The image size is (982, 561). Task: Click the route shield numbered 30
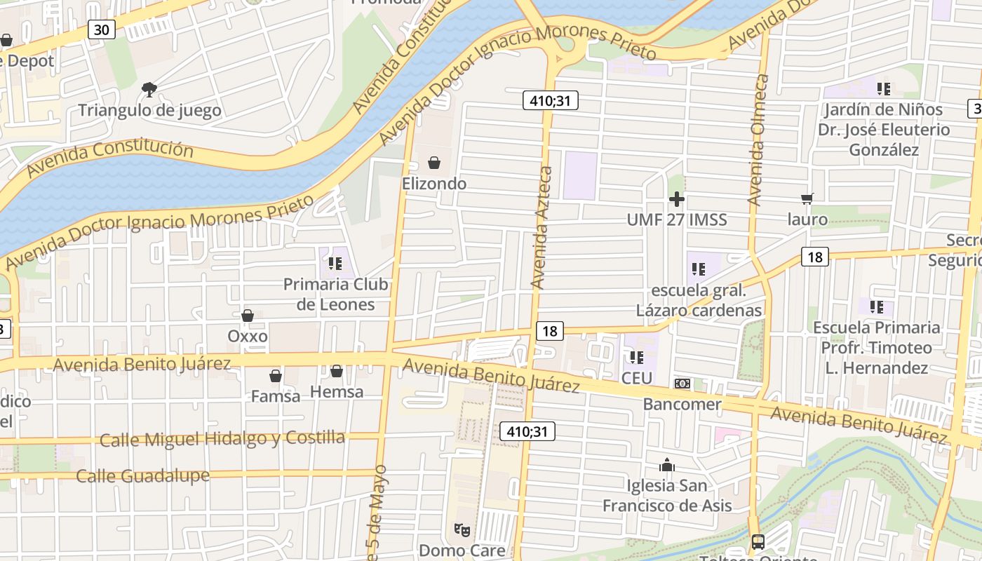click(x=102, y=29)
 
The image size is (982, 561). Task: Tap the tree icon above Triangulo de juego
click(x=149, y=90)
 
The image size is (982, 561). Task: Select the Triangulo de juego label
click(x=149, y=110)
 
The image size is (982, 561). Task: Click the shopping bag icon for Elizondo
click(x=434, y=163)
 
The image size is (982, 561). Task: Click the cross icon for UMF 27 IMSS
click(x=676, y=199)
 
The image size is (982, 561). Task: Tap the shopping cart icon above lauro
click(x=807, y=199)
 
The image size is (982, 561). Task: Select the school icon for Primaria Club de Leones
click(x=335, y=264)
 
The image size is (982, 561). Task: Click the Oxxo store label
click(x=248, y=336)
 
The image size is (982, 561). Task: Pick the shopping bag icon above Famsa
click(x=276, y=376)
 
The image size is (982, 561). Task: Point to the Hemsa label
click(x=337, y=392)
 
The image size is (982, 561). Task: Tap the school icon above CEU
click(x=637, y=358)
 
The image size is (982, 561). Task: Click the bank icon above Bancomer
click(x=682, y=384)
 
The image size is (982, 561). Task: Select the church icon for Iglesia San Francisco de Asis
click(x=667, y=465)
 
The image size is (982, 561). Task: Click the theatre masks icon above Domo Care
click(x=461, y=529)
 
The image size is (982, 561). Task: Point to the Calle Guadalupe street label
click(x=142, y=475)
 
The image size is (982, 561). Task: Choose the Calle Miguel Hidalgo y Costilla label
click(x=222, y=439)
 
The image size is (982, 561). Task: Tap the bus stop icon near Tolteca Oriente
click(x=758, y=541)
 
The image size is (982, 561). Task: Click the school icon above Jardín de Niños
click(x=883, y=89)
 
